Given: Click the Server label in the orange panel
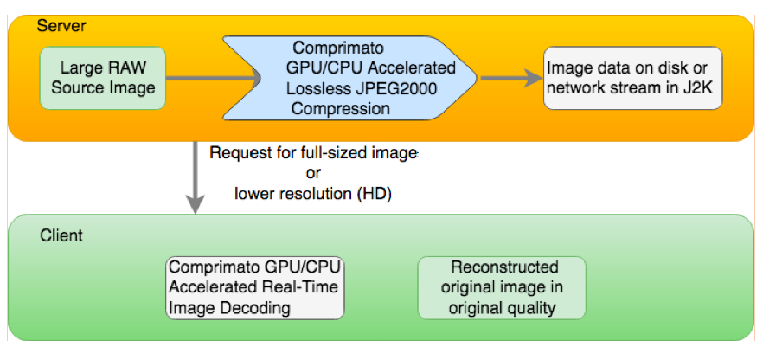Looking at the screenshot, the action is [x=61, y=26].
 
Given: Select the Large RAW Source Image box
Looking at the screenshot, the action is [x=103, y=78].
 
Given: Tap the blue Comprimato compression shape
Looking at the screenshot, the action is [x=349, y=78].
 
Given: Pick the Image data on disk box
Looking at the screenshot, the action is [x=632, y=78].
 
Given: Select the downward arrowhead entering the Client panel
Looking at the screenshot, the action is [x=196, y=204].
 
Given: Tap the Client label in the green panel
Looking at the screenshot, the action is [x=61, y=236].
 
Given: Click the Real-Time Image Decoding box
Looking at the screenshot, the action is [x=255, y=288].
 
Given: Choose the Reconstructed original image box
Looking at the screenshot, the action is [x=502, y=288].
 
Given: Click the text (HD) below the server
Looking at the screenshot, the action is [x=375, y=194].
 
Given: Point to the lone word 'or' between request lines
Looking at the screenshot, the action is [x=313, y=173].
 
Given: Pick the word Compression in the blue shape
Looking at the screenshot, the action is [x=341, y=108].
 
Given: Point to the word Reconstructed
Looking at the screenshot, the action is [x=504, y=267].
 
